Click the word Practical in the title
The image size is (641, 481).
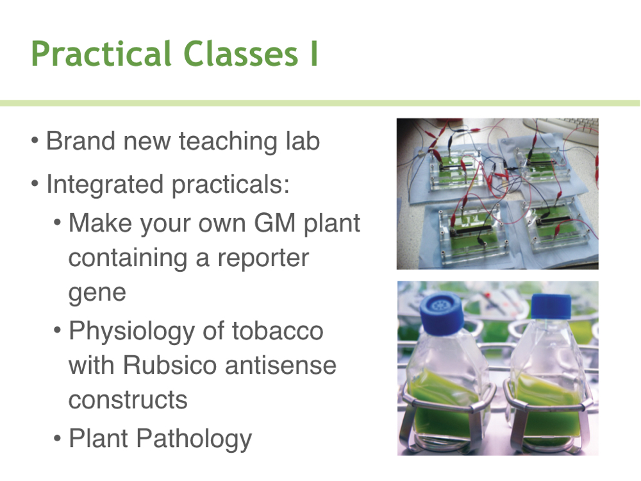tap(101, 54)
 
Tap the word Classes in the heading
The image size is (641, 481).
tap(241, 54)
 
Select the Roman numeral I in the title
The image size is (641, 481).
tap(314, 54)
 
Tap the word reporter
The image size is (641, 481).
tap(263, 259)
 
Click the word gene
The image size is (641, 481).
tap(97, 294)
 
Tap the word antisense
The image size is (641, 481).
tap(281, 366)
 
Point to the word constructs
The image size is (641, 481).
tap(128, 400)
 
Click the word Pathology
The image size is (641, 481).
tap(194, 439)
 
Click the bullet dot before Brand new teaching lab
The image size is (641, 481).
tap(35, 141)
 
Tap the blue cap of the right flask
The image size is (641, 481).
tap(551, 307)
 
